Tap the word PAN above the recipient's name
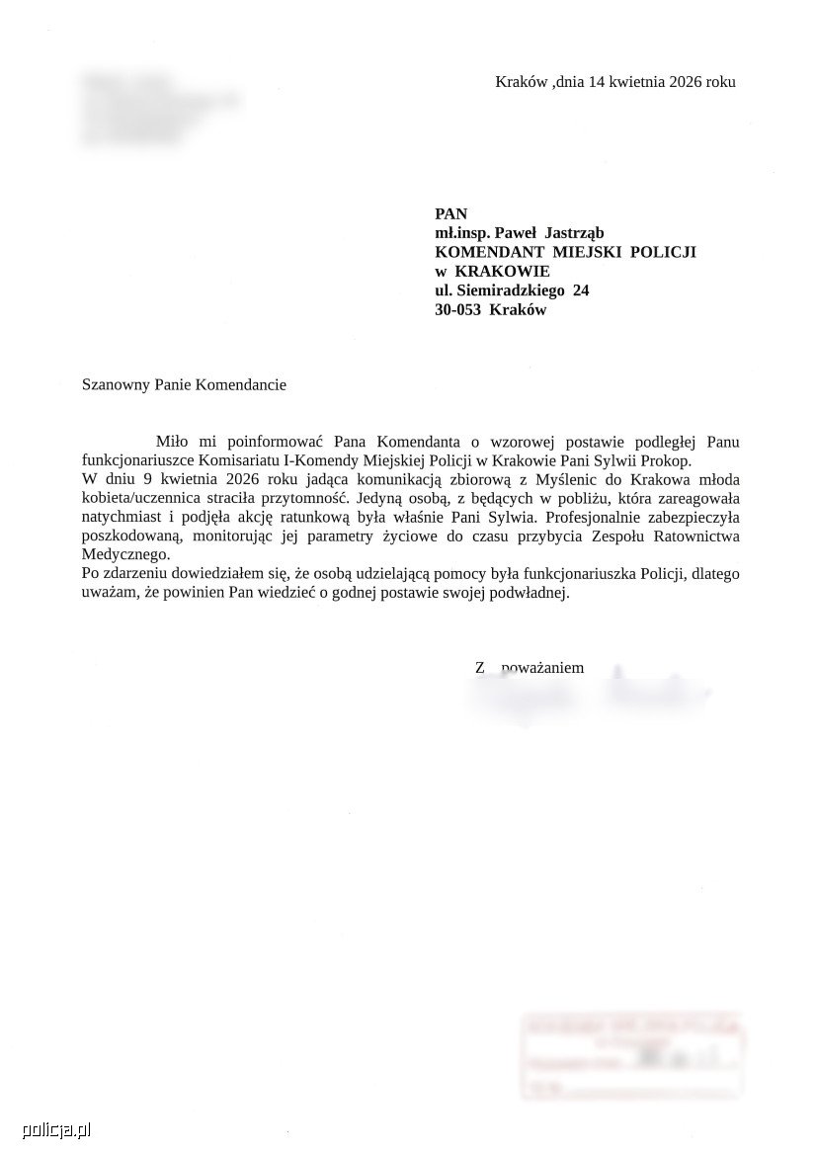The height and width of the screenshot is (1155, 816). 450,214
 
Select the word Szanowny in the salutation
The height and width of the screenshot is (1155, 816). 115,384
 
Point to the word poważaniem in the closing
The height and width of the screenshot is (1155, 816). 542,668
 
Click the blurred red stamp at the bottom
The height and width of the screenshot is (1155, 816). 632,1055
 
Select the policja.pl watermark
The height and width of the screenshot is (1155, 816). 47,1129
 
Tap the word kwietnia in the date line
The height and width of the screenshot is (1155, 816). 634,82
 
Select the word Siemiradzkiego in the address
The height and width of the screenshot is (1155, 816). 510,290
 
